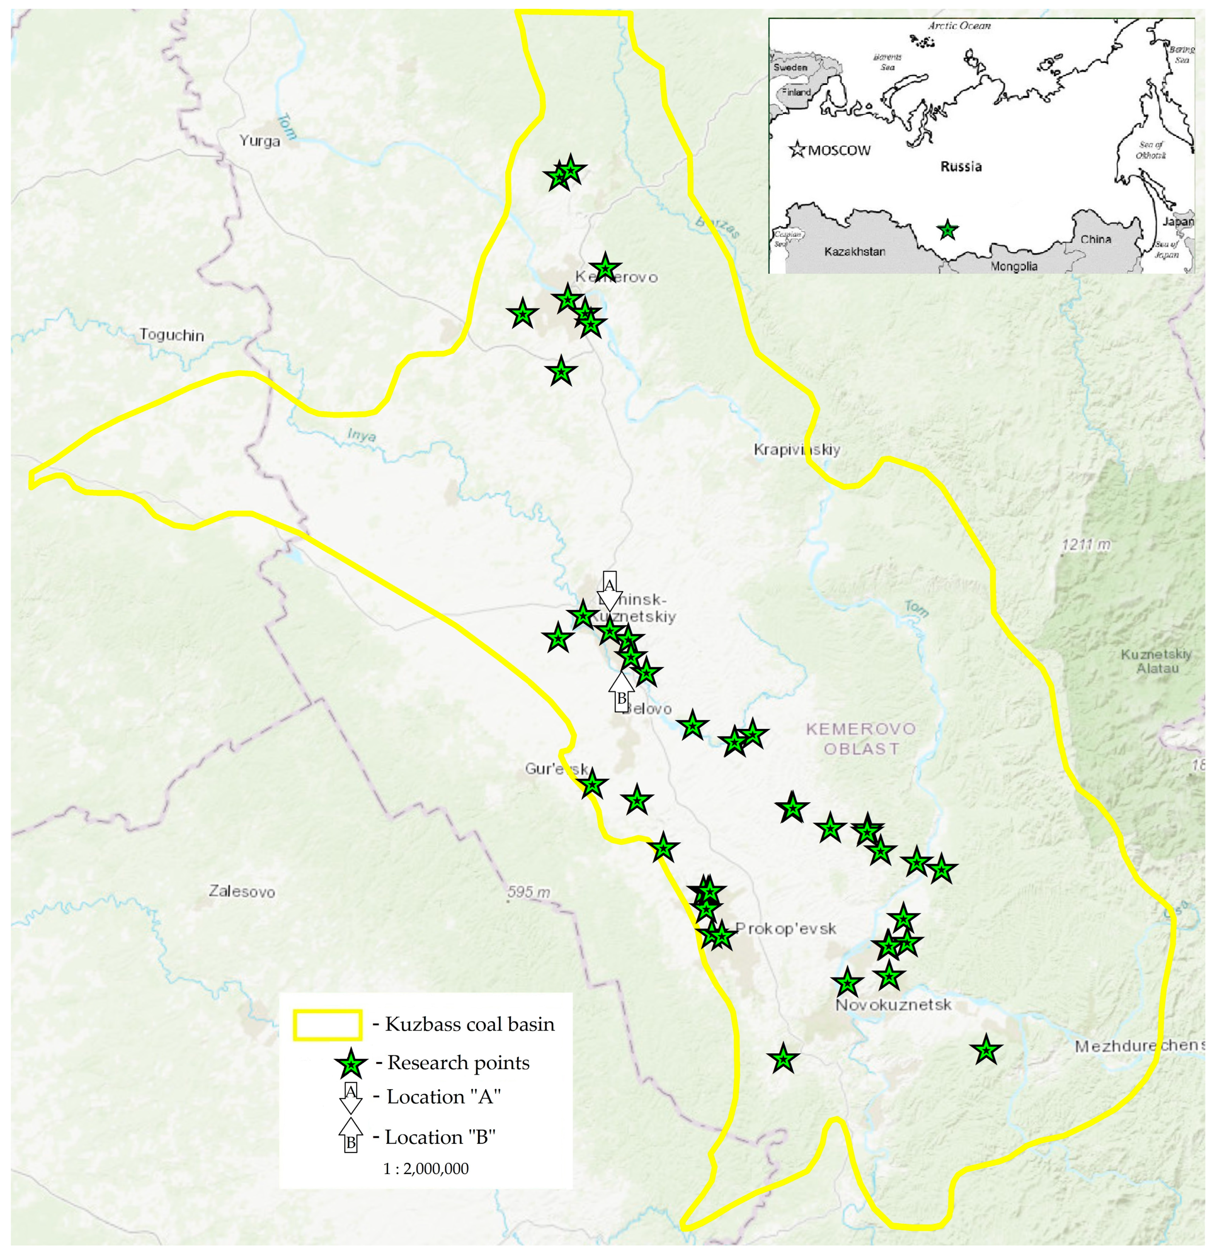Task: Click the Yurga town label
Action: (x=259, y=141)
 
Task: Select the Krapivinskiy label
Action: (x=796, y=450)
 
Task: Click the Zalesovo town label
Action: (x=241, y=891)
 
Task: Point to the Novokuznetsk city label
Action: (x=894, y=1005)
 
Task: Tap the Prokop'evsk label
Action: (x=786, y=928)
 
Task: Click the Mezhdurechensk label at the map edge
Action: (x=1139, y=1046)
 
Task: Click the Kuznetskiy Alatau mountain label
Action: (x=1156, y=661)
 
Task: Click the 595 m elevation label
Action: (x=528, y=892)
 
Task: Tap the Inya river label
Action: (x=362, y=435)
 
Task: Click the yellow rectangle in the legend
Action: (x=327, y=1024)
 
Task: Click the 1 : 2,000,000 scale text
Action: (x=426, y=1168)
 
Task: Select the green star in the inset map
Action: (x=948, y=230)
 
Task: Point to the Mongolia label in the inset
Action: (x=1013, y=266)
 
